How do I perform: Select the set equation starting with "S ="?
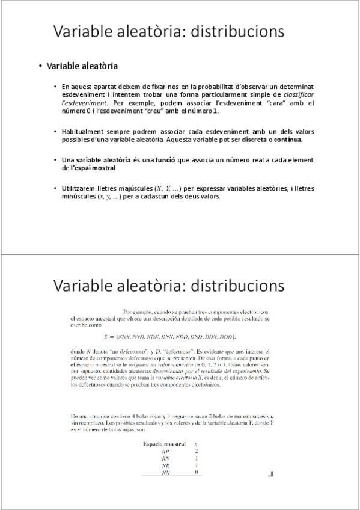pyautogui.click(x=170, y=337)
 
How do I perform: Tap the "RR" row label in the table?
pyautogui.click(x=165, y=451)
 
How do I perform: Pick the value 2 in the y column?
pyautogui.click(x=197, y=451)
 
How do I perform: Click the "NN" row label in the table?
pyautogui.click(x=165, y=473)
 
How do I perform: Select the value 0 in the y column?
pyautogui.click(x=197, y=473)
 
